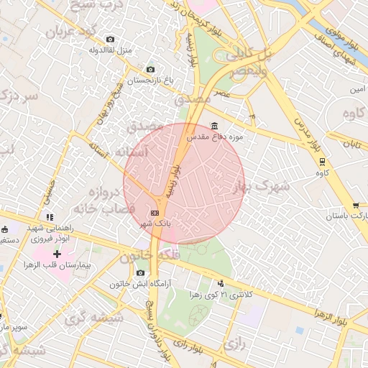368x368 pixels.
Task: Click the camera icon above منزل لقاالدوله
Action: point(109,39)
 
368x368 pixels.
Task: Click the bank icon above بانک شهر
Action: point(155,213)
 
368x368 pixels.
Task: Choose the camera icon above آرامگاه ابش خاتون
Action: point(140,272)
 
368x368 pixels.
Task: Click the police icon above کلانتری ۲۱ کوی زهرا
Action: point(220,282)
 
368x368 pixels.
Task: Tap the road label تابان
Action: point(350,144)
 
